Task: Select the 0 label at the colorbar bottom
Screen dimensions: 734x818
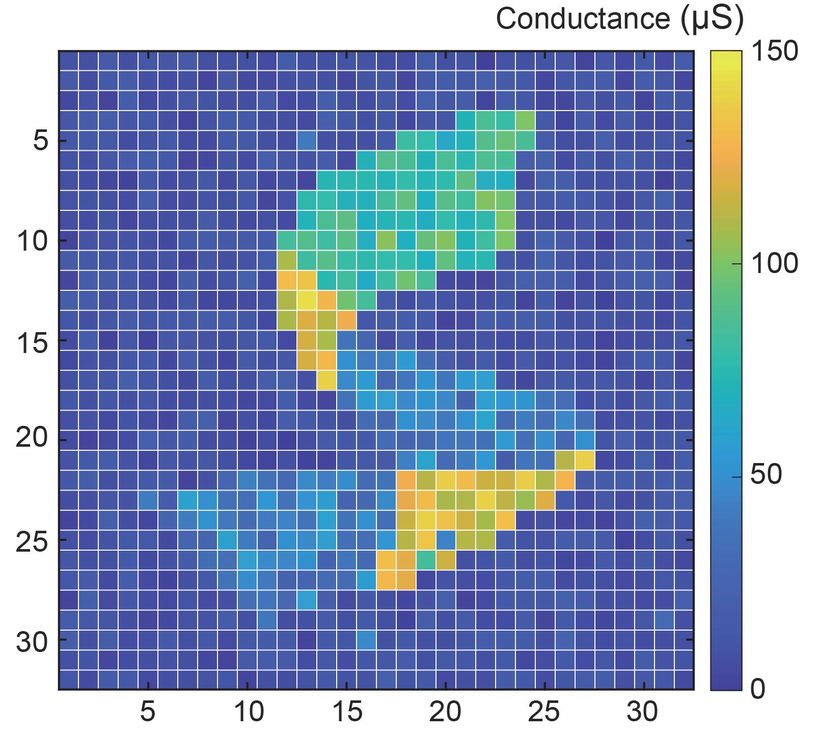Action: click(x=758, y=690)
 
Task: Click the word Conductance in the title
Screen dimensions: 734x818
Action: click(x=583, y=19)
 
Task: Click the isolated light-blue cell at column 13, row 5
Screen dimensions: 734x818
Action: click(x=307, y=141)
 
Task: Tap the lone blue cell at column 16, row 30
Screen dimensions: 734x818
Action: click(x=366, y=639)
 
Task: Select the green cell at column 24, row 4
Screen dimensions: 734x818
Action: click(x=525, y=121)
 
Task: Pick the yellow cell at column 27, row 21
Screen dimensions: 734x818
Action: click(x=585, y=460)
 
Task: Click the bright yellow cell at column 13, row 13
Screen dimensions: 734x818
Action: click(x=307, y=300)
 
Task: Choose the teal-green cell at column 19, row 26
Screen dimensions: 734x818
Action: click(x=426, y=560)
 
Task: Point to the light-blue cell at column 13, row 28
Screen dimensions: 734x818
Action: click(x=307, y=600)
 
